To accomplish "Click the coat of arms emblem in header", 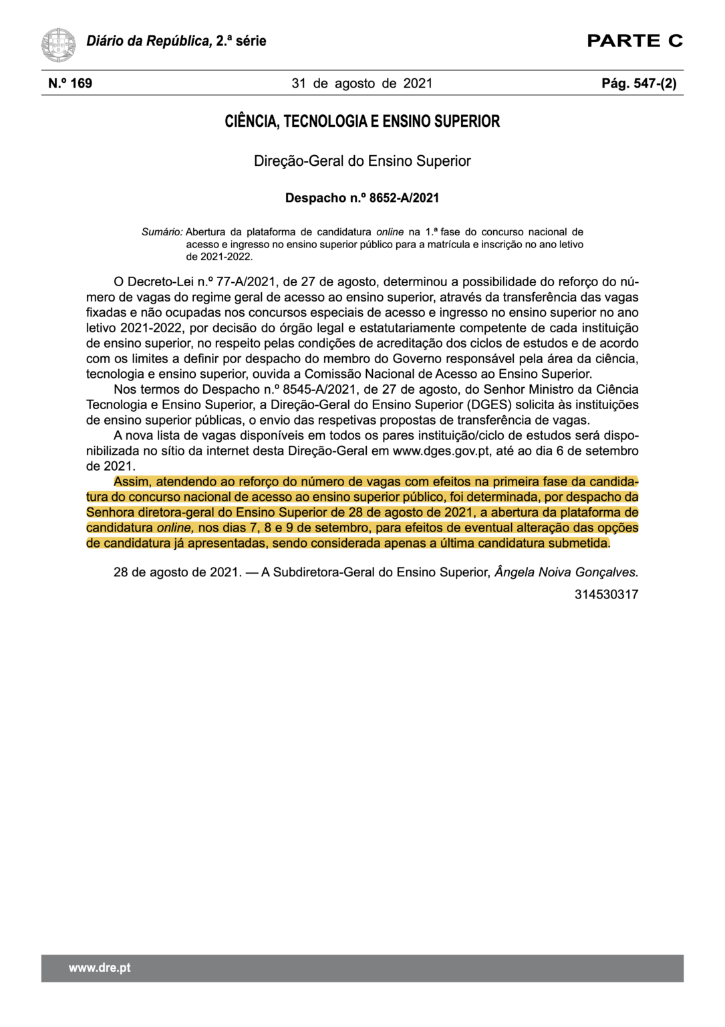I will [58, 45].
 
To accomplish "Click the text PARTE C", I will [634, 41].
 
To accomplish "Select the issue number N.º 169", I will [70, 84].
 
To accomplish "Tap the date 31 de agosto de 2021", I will [362, 84].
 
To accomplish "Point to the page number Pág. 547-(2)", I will [639, 84].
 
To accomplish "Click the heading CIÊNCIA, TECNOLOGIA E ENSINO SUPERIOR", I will [362, 122].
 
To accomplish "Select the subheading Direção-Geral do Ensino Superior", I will [362, 161].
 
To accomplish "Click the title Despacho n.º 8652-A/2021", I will [362, 198].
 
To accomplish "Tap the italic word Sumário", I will [162, 232].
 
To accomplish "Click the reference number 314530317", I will [606, 594].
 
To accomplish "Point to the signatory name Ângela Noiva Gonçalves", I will [566, 572].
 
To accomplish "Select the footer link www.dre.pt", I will [100, 968].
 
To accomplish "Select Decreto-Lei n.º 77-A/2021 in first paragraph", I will [200, 282].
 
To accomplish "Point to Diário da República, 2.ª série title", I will [176, 41].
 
